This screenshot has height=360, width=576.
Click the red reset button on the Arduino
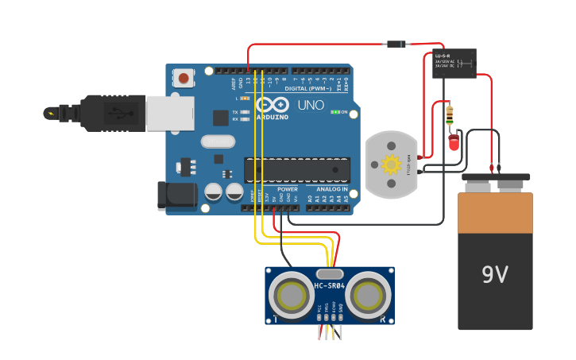184,78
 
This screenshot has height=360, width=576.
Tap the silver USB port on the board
169,112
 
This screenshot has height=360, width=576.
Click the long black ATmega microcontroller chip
296,170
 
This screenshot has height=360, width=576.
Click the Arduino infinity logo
272,106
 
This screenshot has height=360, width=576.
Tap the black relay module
454,63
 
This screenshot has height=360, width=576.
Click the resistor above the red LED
450,115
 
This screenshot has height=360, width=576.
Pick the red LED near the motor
454,142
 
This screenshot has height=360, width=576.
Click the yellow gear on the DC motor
391,165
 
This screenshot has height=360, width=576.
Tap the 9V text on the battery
494,275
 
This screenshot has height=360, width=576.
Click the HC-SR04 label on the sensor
329,285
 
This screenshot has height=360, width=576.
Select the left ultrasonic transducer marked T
291,296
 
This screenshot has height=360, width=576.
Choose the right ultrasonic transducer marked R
368,296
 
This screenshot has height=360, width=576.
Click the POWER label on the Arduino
288,189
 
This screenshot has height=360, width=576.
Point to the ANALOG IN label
332,189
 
